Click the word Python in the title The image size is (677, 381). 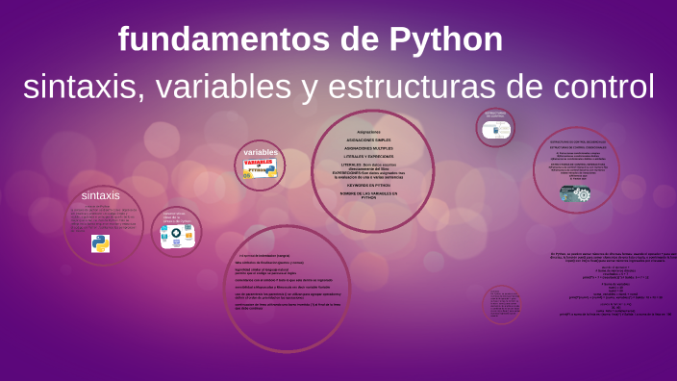446,39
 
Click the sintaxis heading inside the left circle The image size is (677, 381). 101,195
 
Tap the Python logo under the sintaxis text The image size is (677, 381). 101,242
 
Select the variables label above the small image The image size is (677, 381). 261,153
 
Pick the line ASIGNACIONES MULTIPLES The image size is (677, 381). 368,148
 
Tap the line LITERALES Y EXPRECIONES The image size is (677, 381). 368,156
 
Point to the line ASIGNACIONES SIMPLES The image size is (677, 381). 368,140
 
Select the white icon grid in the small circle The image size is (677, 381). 177,237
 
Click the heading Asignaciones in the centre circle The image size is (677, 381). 368,131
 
